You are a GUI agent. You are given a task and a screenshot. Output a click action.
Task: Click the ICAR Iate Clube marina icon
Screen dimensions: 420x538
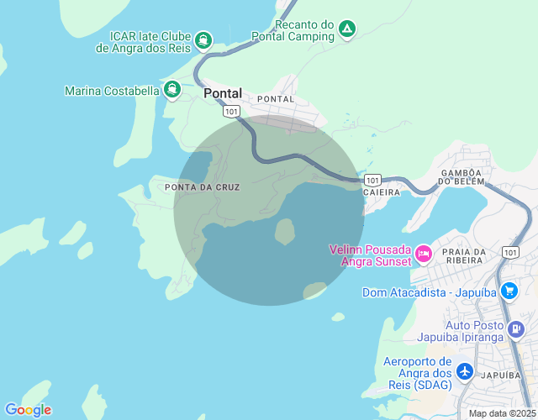[203, 39]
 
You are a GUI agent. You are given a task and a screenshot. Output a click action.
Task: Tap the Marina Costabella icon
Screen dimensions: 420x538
[172, 89]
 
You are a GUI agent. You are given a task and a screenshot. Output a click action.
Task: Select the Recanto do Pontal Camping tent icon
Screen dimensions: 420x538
[346, 30]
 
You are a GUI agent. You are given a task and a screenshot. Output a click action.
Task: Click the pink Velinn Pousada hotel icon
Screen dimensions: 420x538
[424, 252]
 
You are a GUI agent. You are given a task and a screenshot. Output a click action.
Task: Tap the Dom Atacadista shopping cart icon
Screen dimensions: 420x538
[509, 291]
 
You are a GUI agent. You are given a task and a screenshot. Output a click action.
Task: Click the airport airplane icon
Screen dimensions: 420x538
[465, 370]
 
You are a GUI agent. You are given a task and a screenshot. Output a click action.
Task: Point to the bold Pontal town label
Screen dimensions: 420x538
[223, 94]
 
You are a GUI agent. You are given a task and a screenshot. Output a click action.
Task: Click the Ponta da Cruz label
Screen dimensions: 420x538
[203, 186]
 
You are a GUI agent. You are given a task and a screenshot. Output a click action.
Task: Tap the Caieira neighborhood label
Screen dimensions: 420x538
[382, 192]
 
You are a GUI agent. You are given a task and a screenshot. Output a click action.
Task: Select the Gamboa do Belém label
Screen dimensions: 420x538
[462, 176]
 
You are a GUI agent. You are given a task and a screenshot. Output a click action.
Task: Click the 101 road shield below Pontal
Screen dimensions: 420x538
[232, 110]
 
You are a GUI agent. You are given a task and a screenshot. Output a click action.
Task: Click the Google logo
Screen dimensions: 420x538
[28, 410]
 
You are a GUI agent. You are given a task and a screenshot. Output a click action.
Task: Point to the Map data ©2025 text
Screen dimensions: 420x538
[501, 413]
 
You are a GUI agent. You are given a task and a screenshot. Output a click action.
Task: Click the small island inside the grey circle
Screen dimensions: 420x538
[285, 231]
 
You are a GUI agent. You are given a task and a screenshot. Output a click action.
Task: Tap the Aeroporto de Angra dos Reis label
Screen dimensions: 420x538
[417, 373]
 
